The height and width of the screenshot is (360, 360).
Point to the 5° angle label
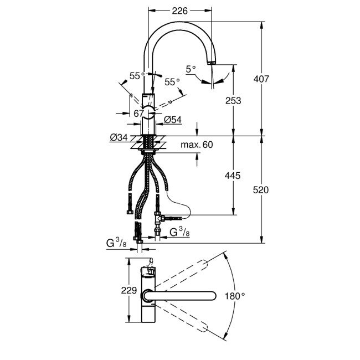pyautogui.click(x=191, y=69)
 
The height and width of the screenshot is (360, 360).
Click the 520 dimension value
pyautogui.click(x=260, y=190)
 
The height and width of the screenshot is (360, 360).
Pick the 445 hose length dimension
pyautogui.click(x=233, y=176)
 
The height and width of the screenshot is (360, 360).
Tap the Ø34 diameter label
pyautogui.click(x=119, y=137)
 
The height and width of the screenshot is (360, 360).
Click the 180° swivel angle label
pyautogui.click(x=235, y=296)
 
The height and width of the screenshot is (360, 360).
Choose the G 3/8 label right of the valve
pyautogui.click(x=180, y=231)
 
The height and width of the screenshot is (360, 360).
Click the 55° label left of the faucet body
pyautogui.click(x=137, y=75)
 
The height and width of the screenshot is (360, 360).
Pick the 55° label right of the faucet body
pyautogui.click(x=172, y=82)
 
